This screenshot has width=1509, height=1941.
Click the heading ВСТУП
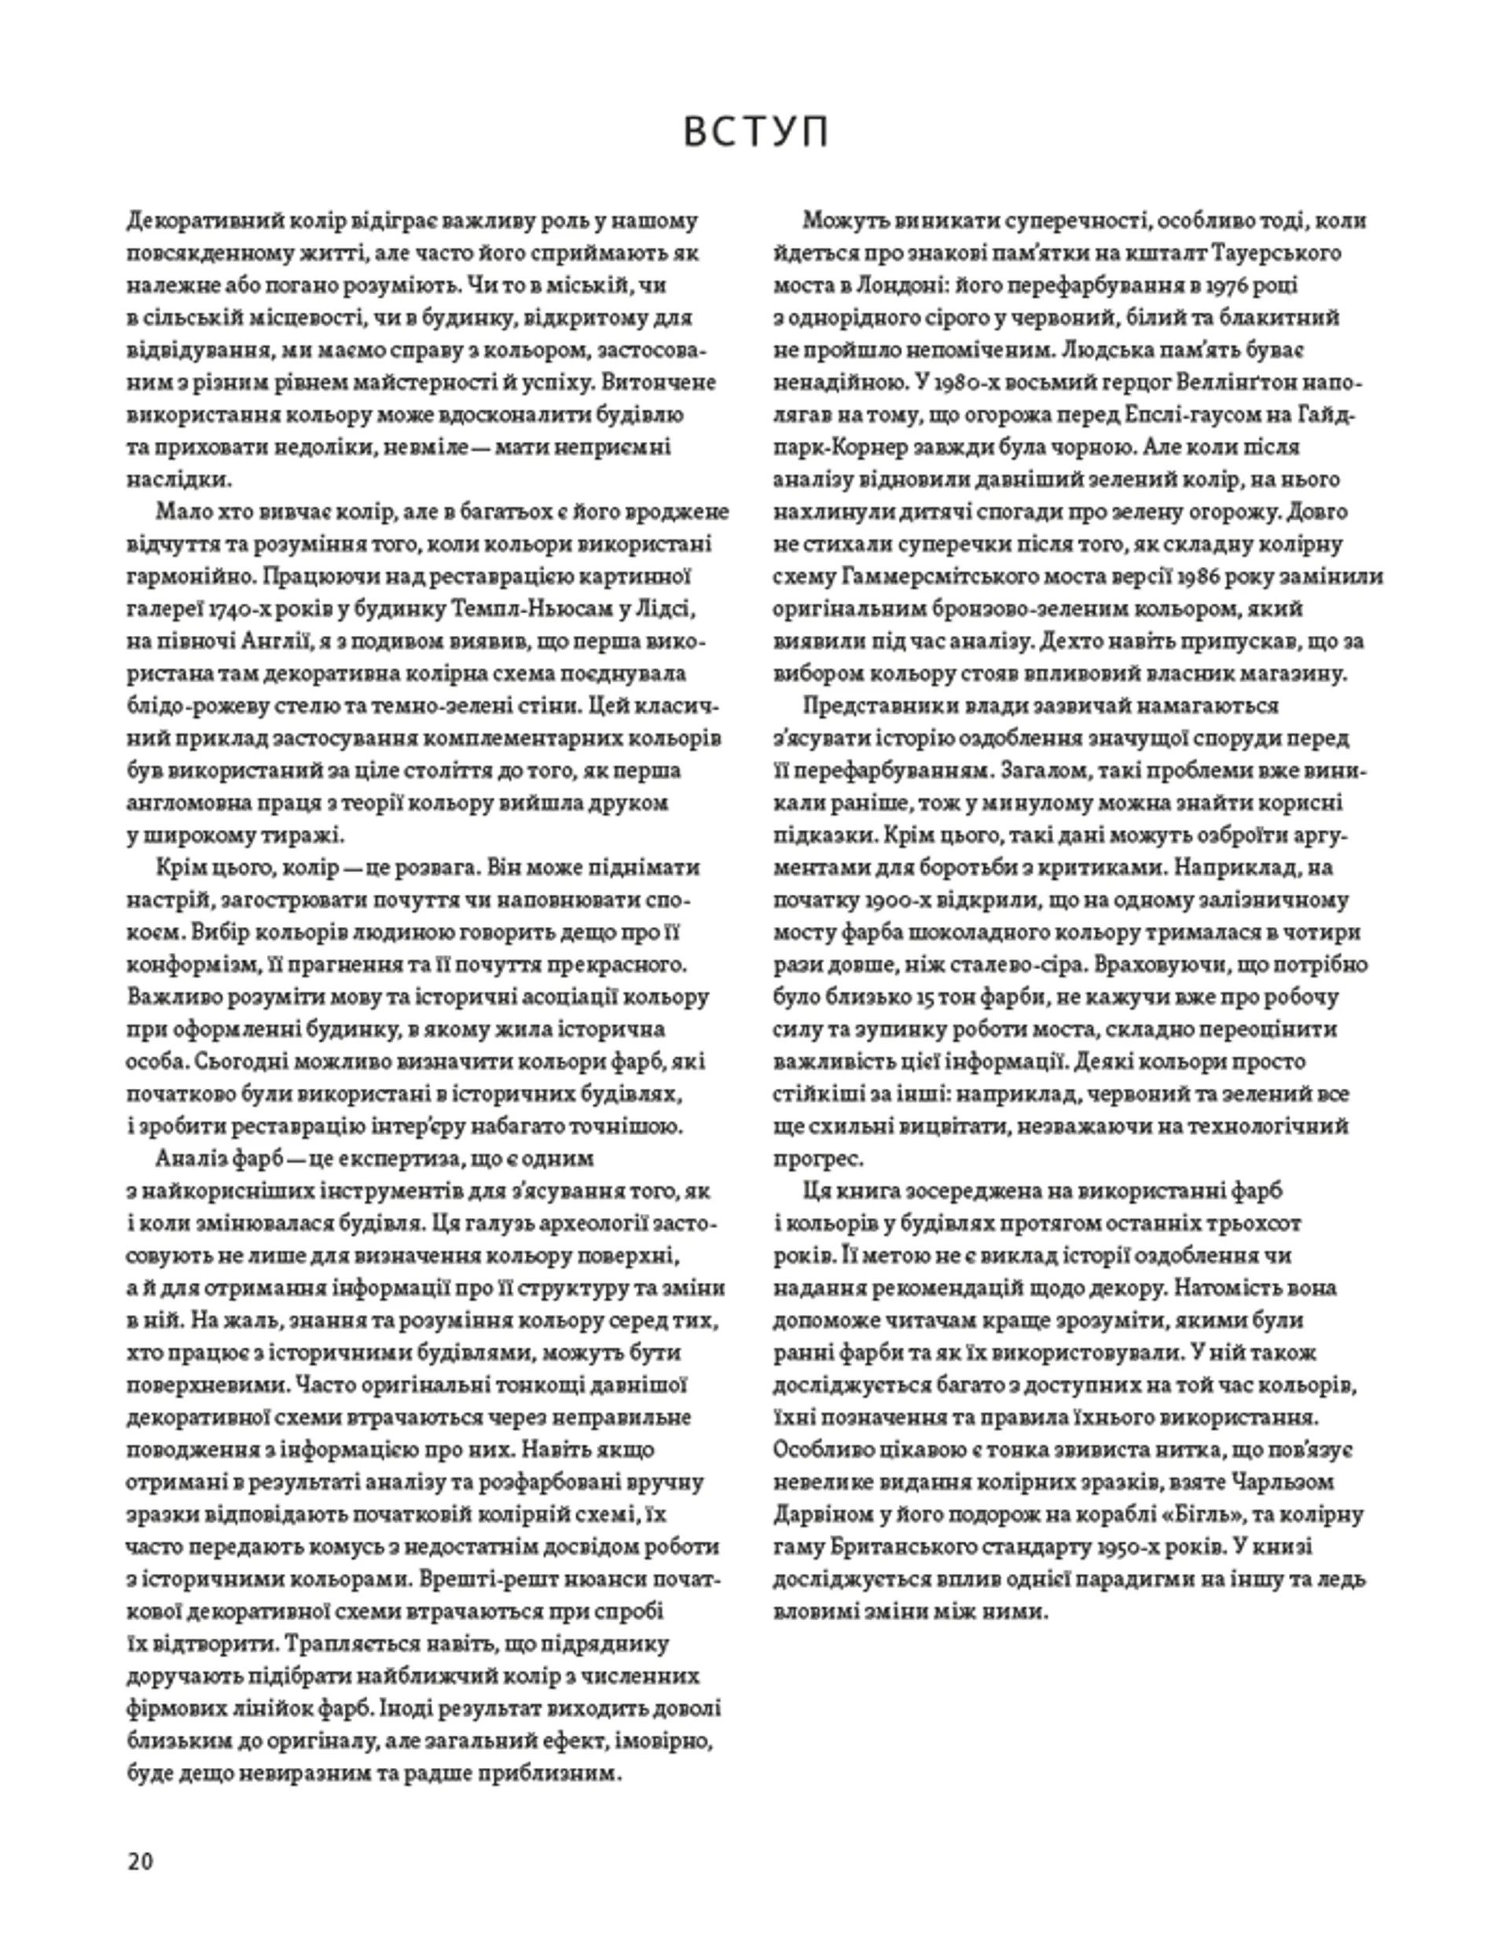pos(755,131)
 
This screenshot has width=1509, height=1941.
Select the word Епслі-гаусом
pos(1180,415)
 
